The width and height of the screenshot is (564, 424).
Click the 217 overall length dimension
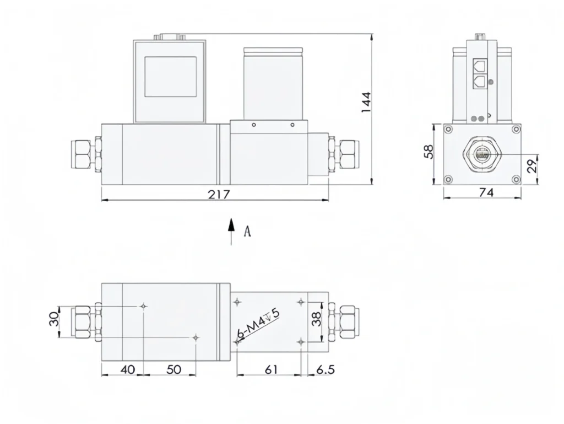pyautogui.click(x=218, y=194)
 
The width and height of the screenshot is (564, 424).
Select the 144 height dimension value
pyautogui.click(x=366, y=103)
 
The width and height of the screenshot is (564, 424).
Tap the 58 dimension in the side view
pyautogui.click(x=430, y=153)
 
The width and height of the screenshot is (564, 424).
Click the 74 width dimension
pyautogui.click(x=486, y=192)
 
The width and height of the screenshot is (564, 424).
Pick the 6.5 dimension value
pyautogui.click(x=326, y=369)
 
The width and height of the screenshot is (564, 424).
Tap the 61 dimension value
pyautogui.click(x=270, y=369)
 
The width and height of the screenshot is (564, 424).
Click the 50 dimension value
pyautogui.click(x=173, y=369)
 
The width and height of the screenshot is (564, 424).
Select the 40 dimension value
pyautogui.click(x=127, y=369)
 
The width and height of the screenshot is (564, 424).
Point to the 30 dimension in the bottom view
pyautogui.click(x=54, y=319)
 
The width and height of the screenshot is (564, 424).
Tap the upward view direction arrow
pyautogui.click(x=232, y=230)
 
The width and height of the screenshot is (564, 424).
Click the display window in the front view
pyautogui.click(x=170, y=77)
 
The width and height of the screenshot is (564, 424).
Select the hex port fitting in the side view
pyautogui.click(x=482, y=155)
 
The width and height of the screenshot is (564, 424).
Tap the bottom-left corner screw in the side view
pyautogui.click(x=448, y=179)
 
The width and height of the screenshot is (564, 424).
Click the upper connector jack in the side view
pyautogui.click(x=480, y=68)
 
